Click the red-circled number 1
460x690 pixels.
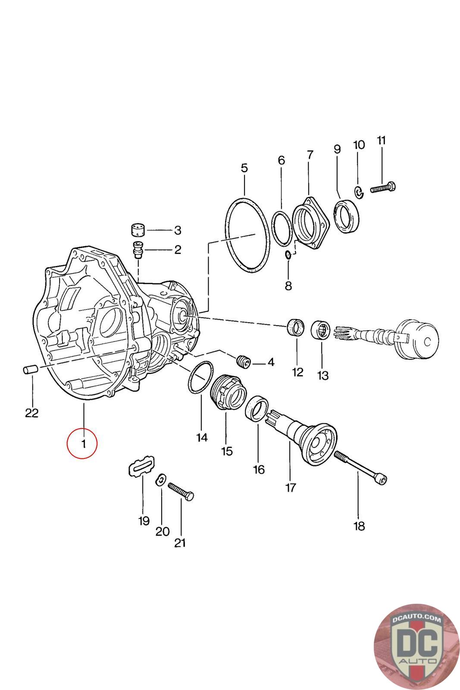pyautogui.click(x=84, y=444)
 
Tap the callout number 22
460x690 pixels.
pyautogui.click(x=32, y=413)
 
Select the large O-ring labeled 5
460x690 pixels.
pyautogui.click(x=247, y=235)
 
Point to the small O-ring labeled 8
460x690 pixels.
pyautogui.click(x=288, y=255)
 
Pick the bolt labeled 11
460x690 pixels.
pyautogui.click(x=383, y=188)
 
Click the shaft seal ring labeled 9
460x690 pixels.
pyautogui.click(x=346, y=216)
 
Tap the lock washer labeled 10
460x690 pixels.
pyautogui.click(x=359, y=192)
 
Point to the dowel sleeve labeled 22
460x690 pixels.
pyautogui.click(x=31, y=369)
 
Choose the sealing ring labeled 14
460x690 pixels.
pyautogui.click(x=200, y=377)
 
